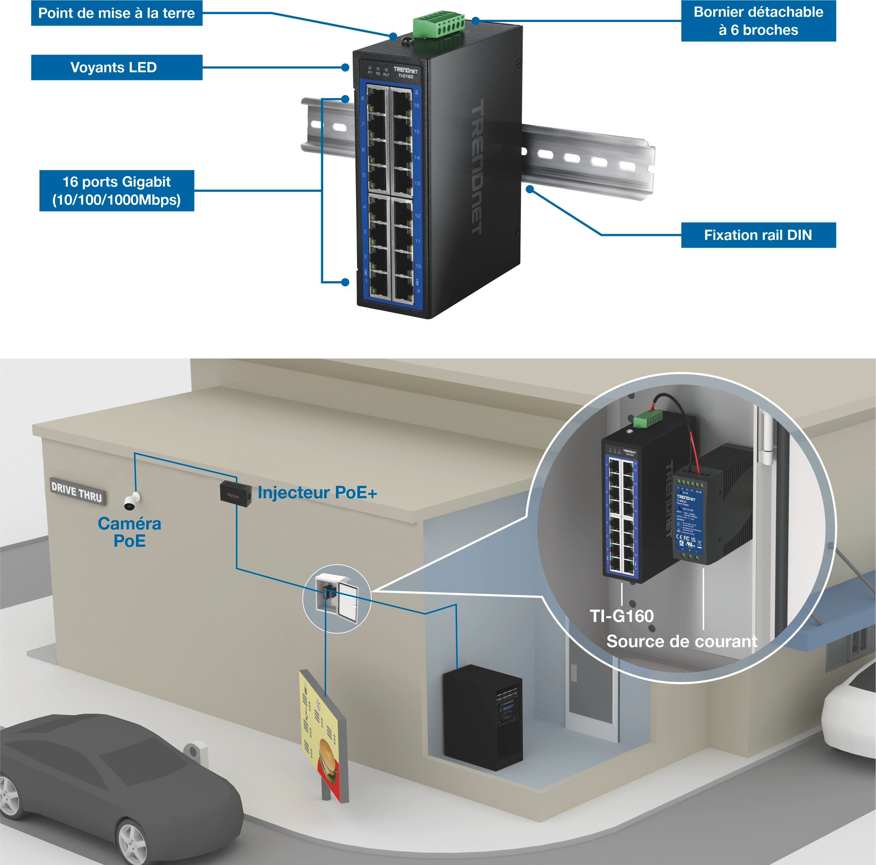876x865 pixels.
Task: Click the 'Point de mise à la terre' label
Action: coord(116,13)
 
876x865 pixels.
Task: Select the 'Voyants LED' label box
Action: coord(116,68)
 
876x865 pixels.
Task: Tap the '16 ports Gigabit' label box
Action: coord(116,190)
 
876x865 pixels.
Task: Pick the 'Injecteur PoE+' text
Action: coord(317,492)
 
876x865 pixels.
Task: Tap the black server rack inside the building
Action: coord(482,718)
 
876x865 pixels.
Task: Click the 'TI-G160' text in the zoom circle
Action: coord(621,616)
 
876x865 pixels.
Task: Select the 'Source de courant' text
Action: coord(682,641)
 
